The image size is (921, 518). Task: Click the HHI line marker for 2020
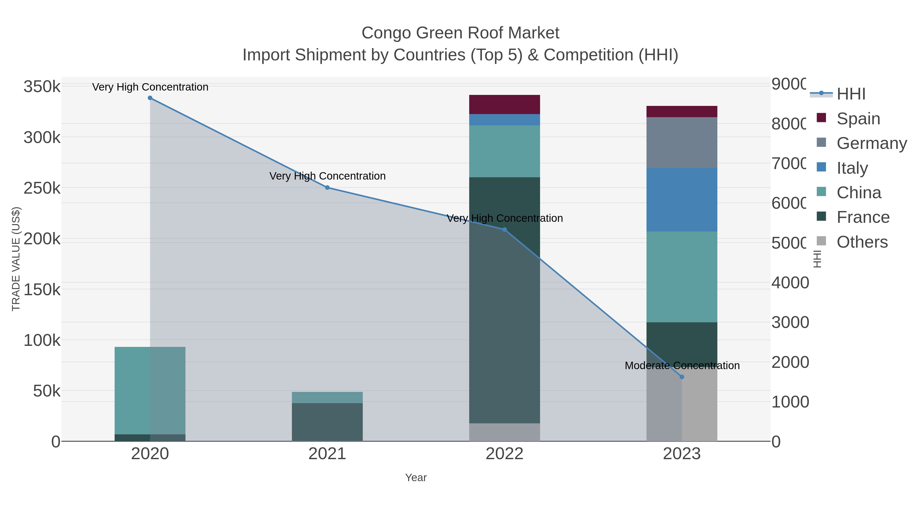[150, 98]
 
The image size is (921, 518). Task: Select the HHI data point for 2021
[327, 188]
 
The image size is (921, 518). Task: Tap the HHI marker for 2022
[505, 229]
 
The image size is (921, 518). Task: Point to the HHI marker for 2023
[682, 377]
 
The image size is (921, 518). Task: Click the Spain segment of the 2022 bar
[505, 104]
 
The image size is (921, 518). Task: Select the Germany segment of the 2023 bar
[682, 142]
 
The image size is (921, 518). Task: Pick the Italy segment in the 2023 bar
[682, 200]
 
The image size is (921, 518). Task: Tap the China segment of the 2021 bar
[327, 398]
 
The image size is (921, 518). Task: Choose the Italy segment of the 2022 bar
[505, 120]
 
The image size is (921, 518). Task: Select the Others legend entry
[862, 242]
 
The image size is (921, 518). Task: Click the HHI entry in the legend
[851, 94]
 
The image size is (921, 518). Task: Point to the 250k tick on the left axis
[42, 188]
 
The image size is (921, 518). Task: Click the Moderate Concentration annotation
[682, 366]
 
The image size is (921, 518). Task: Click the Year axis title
[415, 478]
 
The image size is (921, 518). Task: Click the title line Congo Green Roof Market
[460, 33]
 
